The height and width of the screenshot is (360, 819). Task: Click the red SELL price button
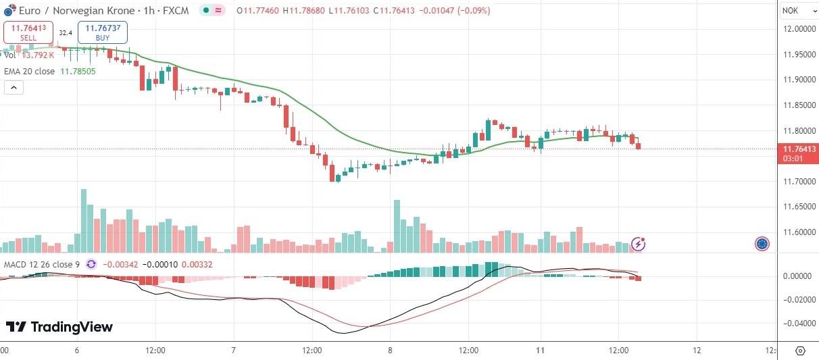tap(28, 32)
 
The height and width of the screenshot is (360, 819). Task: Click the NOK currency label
tap(790, 10)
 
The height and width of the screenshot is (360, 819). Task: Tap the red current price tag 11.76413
tap(797, 149)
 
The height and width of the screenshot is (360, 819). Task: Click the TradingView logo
tap(59, 327)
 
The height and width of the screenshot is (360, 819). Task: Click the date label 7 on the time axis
tap(233, 351)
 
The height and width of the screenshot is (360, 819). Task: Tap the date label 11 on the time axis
tap(541, 351)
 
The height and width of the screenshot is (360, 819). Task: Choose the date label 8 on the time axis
tap(391, 351)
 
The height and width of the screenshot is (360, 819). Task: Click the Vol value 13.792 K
tap(38, 55)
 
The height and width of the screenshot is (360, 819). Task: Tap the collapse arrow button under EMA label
tap(14, 87)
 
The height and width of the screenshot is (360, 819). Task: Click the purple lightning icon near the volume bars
tap(638, 244)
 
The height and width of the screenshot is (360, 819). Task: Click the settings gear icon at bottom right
tap(800, 351)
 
